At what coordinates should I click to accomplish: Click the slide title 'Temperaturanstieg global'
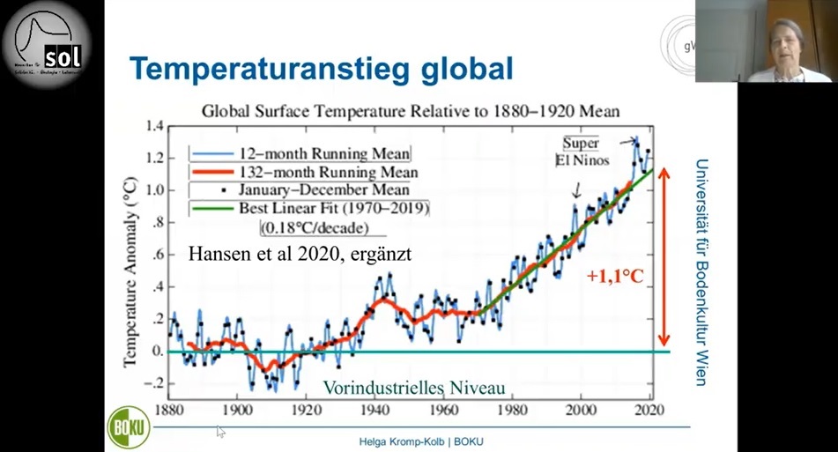point(322,69)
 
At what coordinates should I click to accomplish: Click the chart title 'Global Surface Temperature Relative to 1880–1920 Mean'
point(411,112)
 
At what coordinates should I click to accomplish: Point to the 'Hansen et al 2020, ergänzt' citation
point(300,254)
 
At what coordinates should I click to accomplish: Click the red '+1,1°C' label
point(616,276)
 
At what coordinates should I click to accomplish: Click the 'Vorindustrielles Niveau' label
point(414,388)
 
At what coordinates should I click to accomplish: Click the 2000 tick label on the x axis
point(580,410)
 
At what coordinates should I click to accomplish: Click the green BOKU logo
point(129,428)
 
